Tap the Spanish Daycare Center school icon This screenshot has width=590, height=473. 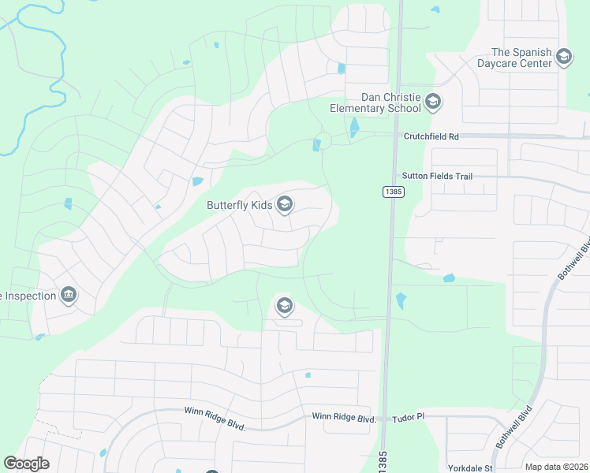click(x=563, y=57)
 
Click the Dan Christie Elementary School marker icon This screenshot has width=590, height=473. click(x=432, y=102)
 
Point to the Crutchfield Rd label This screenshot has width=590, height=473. click(x=431, y=136)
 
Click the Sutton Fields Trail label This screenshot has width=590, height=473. click(x=437, y=177)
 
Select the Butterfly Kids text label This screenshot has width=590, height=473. click(x=239, y=205)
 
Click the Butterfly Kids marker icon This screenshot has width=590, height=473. click(x=285, y=206)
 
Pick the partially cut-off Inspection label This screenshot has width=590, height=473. click(x=28, y=296)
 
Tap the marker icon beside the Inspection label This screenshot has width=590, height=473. click(x=69, y=296)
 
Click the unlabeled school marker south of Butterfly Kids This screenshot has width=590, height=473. click(x=283, y=306)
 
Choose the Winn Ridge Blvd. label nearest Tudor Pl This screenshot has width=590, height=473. click(x=343, y=418)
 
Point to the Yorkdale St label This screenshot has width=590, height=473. click(x=469, y=467)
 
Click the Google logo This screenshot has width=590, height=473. click(x=26, y=464)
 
